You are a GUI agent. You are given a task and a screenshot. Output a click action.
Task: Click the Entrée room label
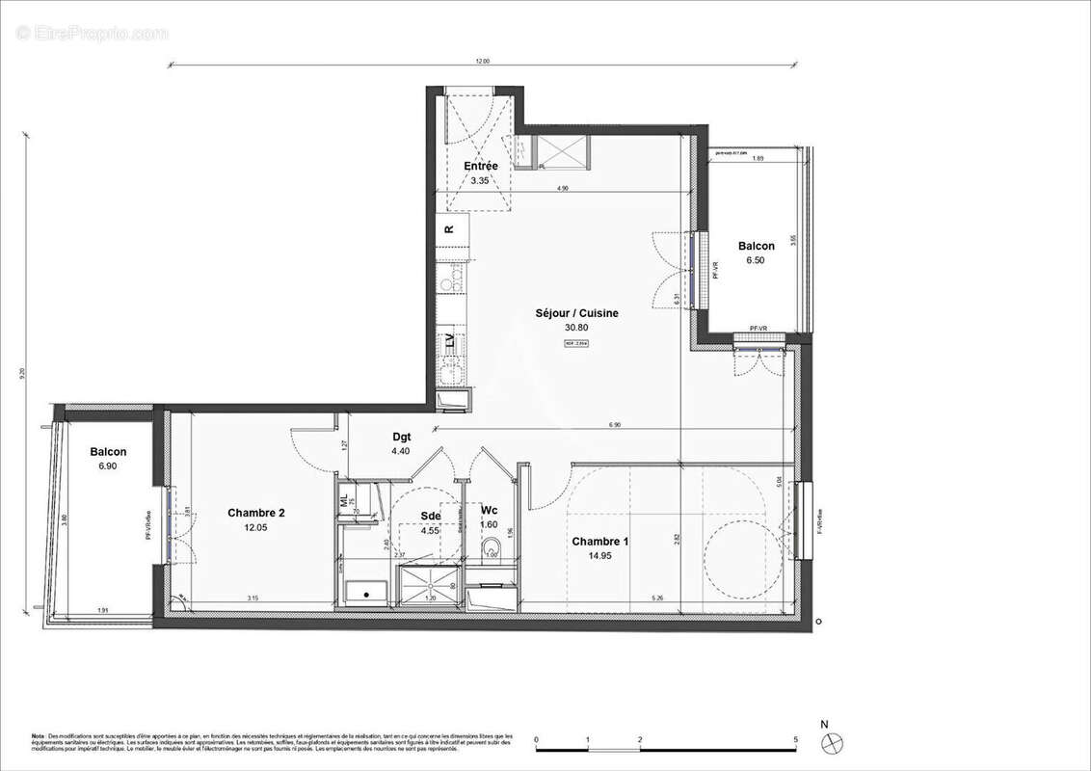tap(481, 166)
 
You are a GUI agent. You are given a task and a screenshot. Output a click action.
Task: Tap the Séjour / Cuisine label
tap(577, 313)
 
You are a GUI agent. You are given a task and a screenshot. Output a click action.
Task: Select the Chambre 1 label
tap(599, 542)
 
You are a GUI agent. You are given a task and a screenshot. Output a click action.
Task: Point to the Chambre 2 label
tap(255, 513)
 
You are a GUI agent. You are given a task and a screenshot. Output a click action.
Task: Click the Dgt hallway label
tap(402, 437)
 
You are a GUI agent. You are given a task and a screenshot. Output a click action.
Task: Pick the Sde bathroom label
tap(430, 516)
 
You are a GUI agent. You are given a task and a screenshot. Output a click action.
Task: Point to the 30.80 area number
tap(576, 327)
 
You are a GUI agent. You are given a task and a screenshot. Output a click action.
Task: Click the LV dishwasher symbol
tap(449, 340)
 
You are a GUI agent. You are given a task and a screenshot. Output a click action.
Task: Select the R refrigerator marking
tap(449, 229)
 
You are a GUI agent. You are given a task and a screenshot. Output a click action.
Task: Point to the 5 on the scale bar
tap(795, 740)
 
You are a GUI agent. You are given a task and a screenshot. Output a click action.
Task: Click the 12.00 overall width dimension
tap(482, 61)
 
